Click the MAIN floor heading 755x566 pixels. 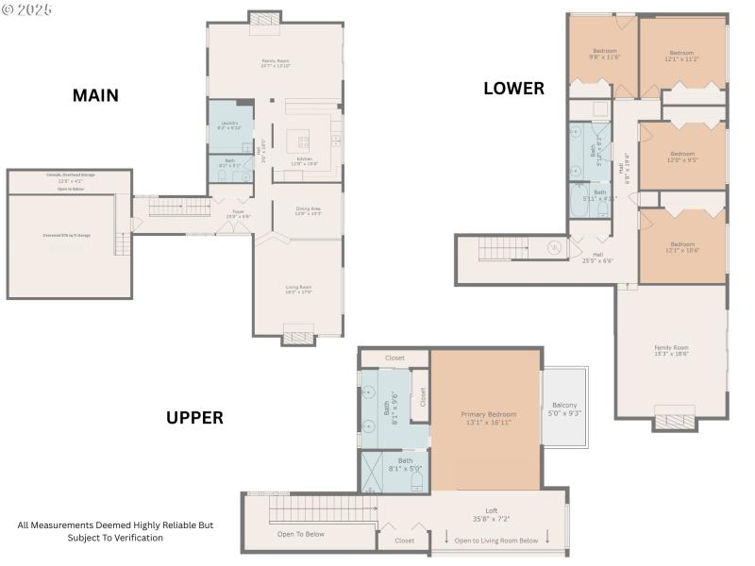[94, 95]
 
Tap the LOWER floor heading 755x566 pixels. [513, 89]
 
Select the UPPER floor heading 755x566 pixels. [194, 418]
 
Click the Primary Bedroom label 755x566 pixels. [488, 419]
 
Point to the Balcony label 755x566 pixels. [564, 408]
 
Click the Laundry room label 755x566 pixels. [230, 125]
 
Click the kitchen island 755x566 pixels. [304, 141]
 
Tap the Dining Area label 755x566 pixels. [309, 211]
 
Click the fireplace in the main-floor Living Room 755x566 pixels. [298, 335]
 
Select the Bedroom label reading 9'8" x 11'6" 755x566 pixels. [604, 54]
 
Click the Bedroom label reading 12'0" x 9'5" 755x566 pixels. [681, 157]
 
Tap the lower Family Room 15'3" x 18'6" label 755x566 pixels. [672, 350]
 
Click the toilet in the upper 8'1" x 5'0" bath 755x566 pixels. [415, 480]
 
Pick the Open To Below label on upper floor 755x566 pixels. [300, 534]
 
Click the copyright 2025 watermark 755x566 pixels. [27, 8]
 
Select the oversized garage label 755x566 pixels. [69, 235]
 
